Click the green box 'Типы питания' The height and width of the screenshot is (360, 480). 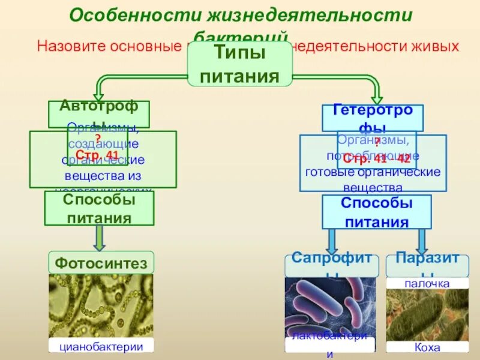click(x=240, y=65)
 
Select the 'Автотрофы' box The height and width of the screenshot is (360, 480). click(x=99, y=113)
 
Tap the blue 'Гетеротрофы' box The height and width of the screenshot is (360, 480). click(x=373, y=118)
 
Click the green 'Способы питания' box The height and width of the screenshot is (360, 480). click(x=99, y=208)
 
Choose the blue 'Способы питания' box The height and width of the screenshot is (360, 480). click(x=376, y=212)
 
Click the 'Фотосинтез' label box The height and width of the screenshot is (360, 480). click(x=101, y=263)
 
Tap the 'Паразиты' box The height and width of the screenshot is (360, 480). click(x=427, y=265)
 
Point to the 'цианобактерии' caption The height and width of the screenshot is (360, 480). click(x=101, y=346)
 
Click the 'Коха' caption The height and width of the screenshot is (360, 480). click(x=427, y=347)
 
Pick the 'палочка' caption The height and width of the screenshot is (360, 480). click(x=427, y=283)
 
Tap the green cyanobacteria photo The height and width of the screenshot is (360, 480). click(x=101, y=306)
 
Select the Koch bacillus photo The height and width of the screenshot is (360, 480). click(x=427, y=315)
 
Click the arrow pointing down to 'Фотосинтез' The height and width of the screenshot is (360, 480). click(x=100, y=238)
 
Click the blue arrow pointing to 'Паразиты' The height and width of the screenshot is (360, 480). click(x=422, y=241)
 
